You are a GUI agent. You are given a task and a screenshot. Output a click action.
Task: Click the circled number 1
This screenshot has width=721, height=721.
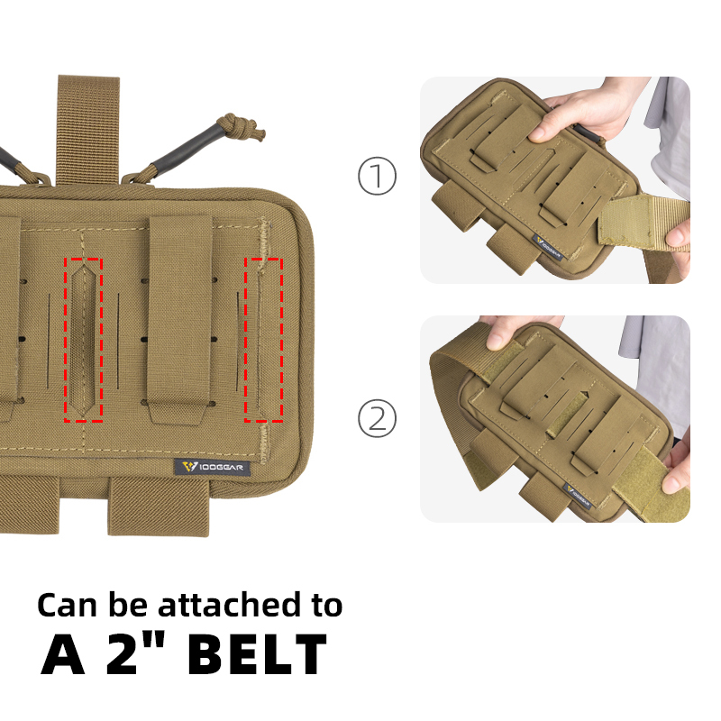point(377,177)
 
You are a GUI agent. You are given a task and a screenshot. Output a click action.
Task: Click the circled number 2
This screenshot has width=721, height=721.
point(377,418)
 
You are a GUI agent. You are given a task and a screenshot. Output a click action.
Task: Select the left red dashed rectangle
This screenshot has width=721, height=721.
point(84,339)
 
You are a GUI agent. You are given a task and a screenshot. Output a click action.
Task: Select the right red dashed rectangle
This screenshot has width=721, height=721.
point(263,339)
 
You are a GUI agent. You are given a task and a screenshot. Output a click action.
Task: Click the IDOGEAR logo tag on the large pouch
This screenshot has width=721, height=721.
point(213,467)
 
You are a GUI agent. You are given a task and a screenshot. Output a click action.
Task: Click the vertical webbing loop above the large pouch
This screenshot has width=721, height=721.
point(87,126)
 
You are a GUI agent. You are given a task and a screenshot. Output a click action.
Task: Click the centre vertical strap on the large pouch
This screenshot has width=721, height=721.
point(180,320)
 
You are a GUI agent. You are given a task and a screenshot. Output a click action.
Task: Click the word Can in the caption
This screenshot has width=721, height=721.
point(66,604)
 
